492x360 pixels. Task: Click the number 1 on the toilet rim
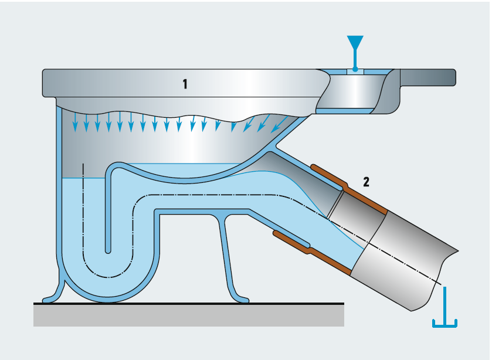click(185, 84)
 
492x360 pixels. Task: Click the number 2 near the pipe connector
click(366, 182)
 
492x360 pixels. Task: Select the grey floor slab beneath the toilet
click(188, 315)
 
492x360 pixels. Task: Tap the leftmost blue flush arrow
click(74, 123)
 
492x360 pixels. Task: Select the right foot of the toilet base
click(240, 298)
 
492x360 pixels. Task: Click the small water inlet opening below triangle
click(355, 71)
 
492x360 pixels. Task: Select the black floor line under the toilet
click(188, 304)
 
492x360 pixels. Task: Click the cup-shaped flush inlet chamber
click(352, 91)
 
